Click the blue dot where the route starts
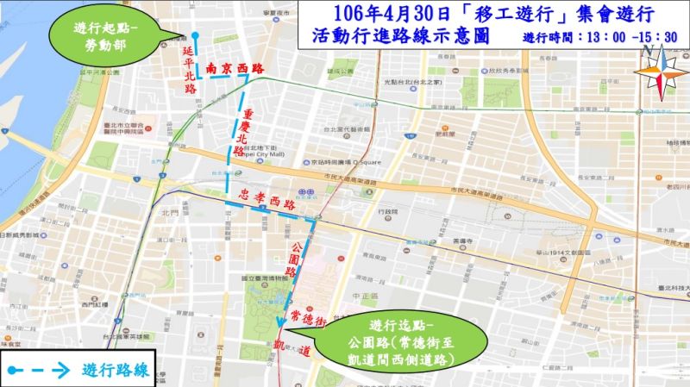(195, 36)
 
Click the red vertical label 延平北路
(189, 70)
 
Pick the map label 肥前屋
(446, 134)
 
